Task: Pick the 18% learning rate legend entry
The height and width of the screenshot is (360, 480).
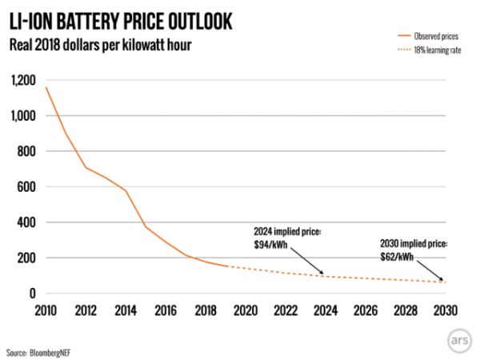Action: (429, 50)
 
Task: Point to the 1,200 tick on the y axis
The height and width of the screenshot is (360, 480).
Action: (23, 81)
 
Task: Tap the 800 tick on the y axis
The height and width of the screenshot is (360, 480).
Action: (28, 152)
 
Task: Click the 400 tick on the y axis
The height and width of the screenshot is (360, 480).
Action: (28, 222)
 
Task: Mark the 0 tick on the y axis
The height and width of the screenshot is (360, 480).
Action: (33, 294)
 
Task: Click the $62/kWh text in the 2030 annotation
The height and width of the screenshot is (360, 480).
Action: (398, 256)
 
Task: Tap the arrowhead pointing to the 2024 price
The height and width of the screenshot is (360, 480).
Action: (322, 274)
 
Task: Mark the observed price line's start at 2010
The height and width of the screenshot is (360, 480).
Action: (46, 87)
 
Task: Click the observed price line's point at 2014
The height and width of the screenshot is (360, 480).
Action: (126, 190)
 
